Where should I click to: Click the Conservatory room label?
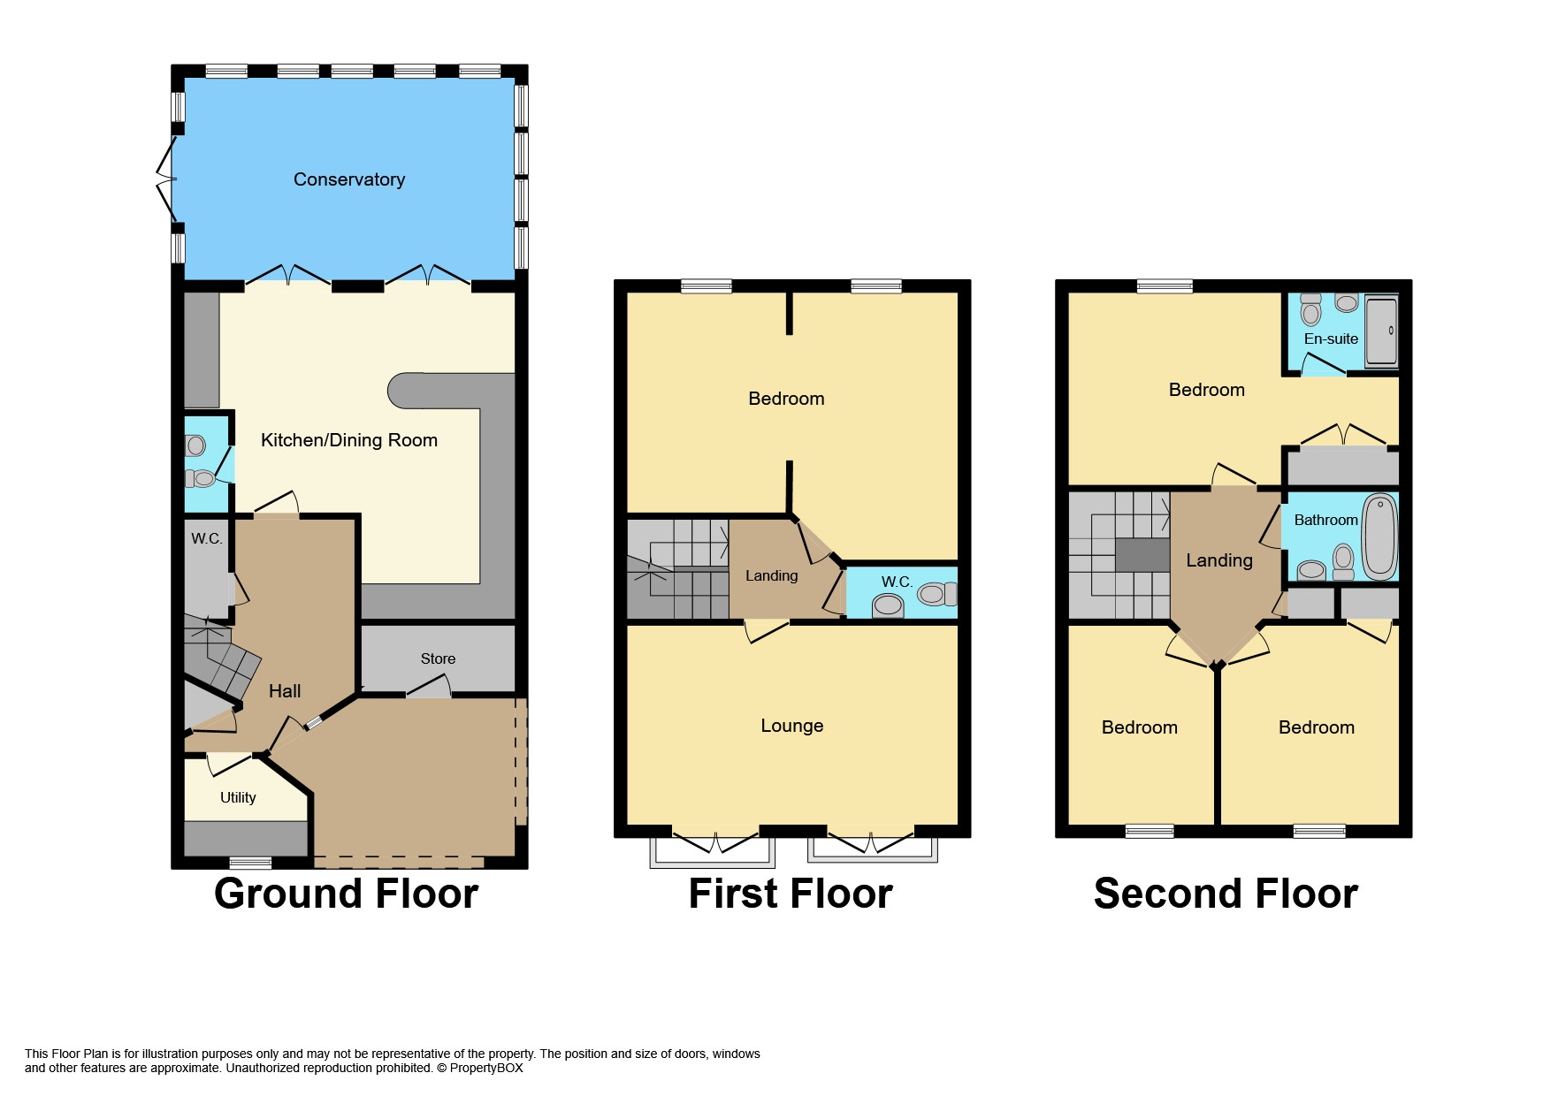coord(349,179)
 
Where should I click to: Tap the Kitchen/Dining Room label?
coord(349,440)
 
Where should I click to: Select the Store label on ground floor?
coord(438,658)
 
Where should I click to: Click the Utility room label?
coord(238,797)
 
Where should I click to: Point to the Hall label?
coord(285,691)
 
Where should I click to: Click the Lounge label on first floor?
coord(791,726)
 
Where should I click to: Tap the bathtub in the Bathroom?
coord(1379,536)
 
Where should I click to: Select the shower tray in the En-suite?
coord(1381,331)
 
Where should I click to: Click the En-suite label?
coord(1330,339)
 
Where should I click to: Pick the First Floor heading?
coord(791,894)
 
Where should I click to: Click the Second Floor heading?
coord(1226,894)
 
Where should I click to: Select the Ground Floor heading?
coord(346,894)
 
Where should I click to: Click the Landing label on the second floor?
coord(1218,560)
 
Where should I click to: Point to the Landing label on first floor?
coord(771,575)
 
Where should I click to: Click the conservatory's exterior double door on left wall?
coord(165,181)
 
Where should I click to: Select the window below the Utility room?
coord(250,863)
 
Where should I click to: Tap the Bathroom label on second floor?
coord(1325,520)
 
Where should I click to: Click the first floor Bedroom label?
coord(786,399)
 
